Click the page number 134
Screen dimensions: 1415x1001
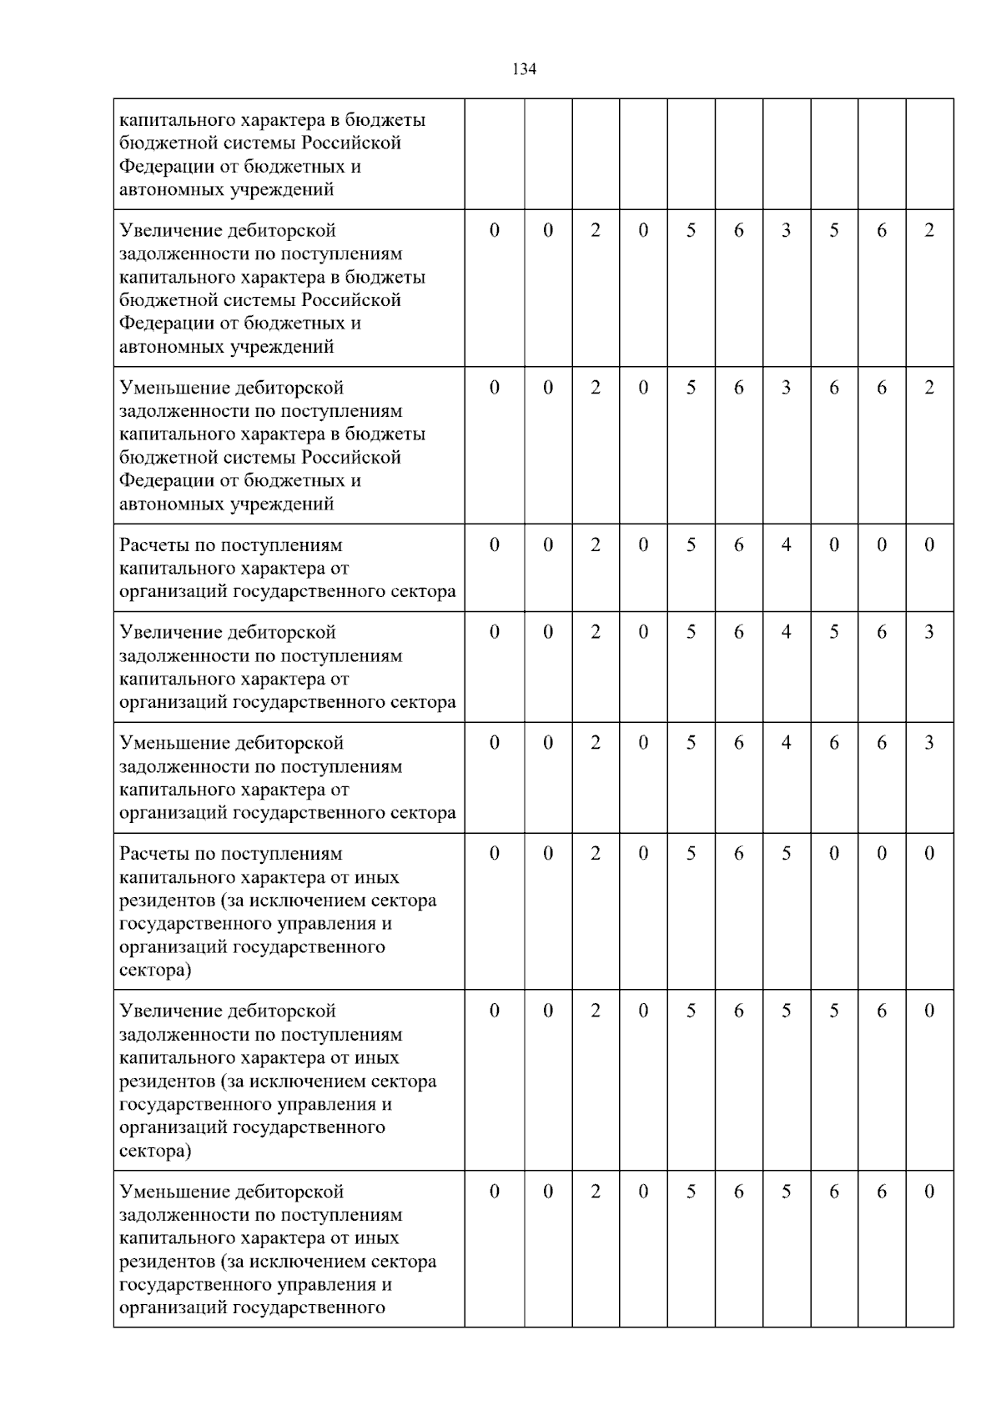tap(523, 69)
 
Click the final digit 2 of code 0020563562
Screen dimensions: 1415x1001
tap(929, 231)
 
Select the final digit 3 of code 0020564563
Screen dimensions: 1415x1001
tap(929, 633)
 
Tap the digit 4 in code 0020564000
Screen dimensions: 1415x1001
tap(786, 545)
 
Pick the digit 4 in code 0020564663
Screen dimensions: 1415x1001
tap(786, 744)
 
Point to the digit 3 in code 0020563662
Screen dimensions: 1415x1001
tap(786, 389)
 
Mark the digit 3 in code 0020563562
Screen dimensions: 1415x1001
tap(786, 231)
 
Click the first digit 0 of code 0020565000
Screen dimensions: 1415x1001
tap(495, 854)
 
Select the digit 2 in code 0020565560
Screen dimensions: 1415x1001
tap(596, 1011)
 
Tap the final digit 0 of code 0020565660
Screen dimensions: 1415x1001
tap(929, 1192)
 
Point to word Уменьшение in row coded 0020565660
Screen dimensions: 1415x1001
tap(174, 1192)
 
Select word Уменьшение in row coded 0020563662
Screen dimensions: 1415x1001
tap(174, 389)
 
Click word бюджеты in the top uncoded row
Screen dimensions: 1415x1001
tap(396, 120)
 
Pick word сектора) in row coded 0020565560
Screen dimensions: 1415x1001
tap(155, 1152)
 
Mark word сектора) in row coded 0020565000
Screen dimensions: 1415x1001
tap(155, 971)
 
